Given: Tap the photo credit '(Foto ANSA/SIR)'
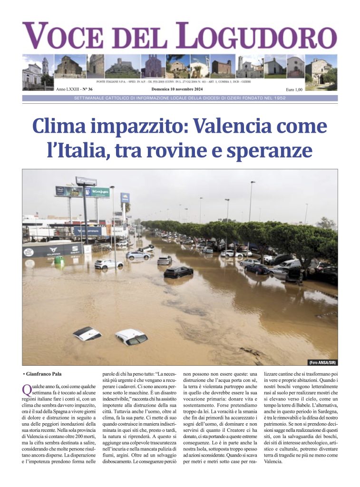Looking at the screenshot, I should (x=322, y=362).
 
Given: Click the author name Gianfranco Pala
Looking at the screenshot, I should (x=44, y=374).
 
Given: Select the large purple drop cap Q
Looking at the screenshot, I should (x=27, y=390).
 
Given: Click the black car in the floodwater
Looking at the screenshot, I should (x=178, y=272).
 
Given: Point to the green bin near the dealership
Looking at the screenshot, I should (x=59, y=260).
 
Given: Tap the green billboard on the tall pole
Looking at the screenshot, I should (x=97, y=192).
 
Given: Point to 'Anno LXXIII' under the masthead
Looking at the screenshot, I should (x=67, y=89).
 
